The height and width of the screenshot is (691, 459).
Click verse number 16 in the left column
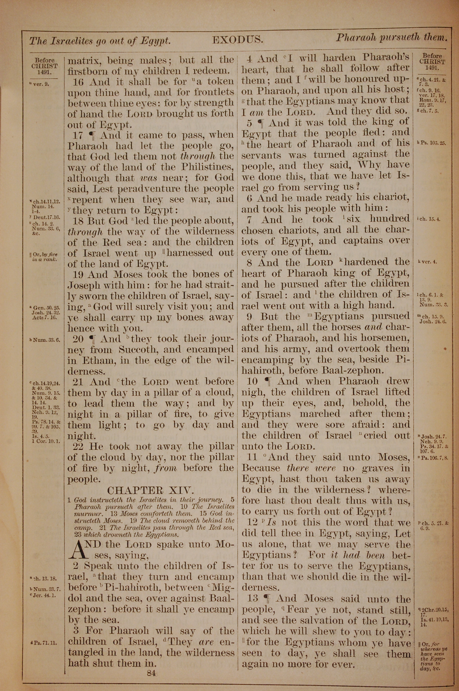coord(78,82)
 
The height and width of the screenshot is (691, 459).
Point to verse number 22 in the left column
coord(78,446)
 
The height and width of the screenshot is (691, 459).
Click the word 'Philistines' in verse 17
coord(207,167)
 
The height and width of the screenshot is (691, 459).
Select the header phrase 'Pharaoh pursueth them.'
coord(391,37)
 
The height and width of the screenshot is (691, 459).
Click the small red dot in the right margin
coord(445,349)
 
